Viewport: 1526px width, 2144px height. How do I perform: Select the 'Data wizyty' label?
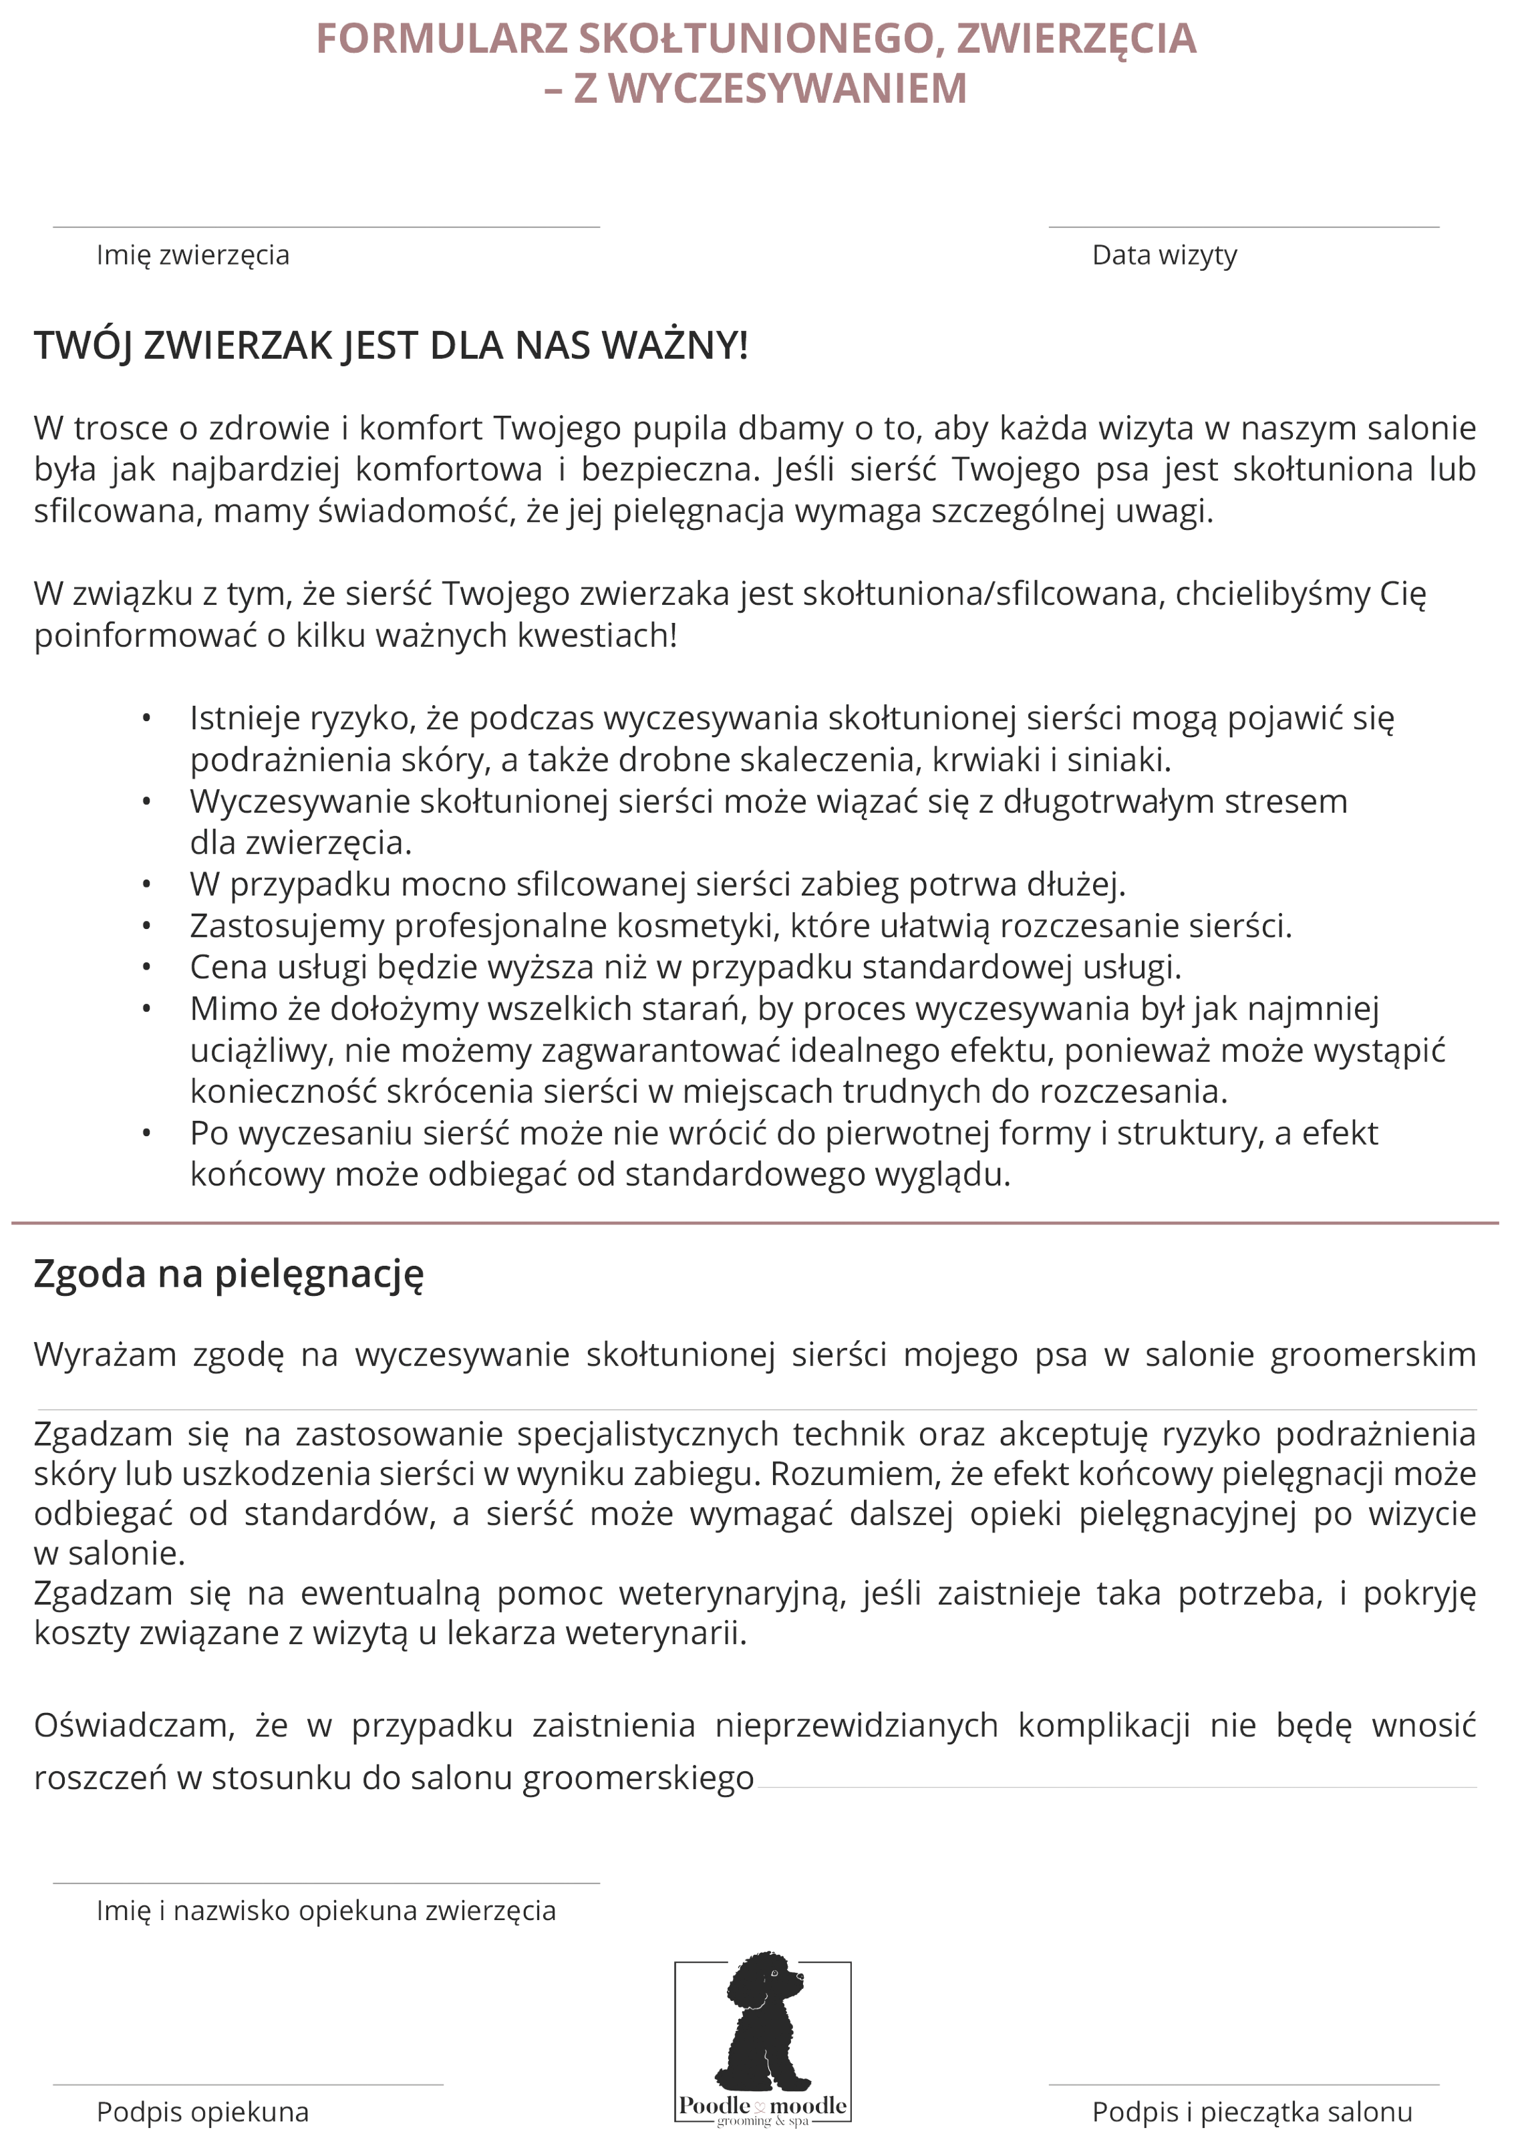[x=1165, y=256]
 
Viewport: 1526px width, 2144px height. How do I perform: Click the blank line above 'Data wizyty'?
[x=1243, y=227]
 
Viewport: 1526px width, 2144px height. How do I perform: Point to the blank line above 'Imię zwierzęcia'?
[x=326, y=227]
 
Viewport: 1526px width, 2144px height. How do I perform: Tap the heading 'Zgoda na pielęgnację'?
[x=228, y=1275]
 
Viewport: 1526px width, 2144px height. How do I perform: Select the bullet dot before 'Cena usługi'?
[x=146, y=967]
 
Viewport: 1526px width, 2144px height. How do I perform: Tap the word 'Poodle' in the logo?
[x=714, y=2105]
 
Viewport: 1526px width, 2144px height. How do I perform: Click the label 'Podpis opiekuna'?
[x=203, y=2113]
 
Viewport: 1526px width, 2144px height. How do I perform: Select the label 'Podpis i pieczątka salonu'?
[x=1251, y=2113]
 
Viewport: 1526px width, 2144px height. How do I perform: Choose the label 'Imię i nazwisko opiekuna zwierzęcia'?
[x=326, y=1911]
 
